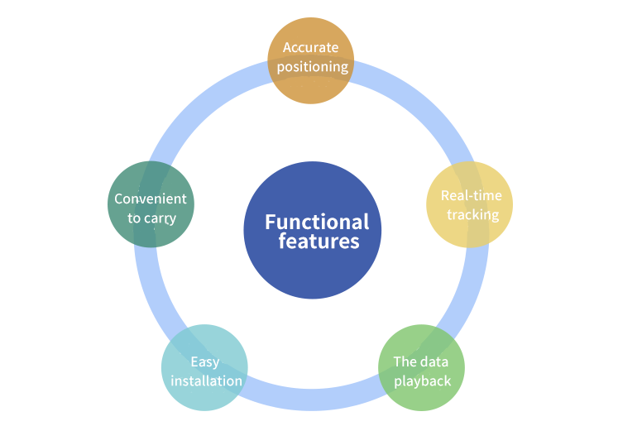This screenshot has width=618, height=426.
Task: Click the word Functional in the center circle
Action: tap(317, 222)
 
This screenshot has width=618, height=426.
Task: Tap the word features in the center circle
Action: tap(319, 242)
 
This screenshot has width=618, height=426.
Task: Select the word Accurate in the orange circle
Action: tap(310, 47)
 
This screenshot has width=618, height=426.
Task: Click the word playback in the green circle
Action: tap(422, 381)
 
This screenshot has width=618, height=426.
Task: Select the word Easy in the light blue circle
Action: tap(204, 361)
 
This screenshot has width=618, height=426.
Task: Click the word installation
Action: tap(204, 381)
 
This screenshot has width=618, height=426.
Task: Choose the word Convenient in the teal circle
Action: tap(150, 199)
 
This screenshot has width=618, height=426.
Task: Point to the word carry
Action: tap(160, 218)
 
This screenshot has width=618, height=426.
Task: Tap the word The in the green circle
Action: tap(405, 361)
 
